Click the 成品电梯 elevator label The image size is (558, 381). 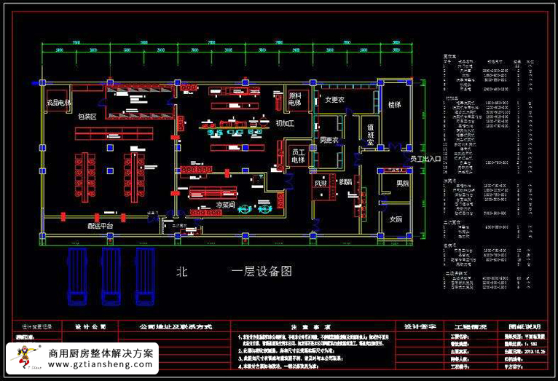[x=58, y=103]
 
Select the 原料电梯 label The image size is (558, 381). [x=295, y=99]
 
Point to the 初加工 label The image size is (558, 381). [x=284, y=123]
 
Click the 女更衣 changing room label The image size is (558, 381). [x=334, y=99]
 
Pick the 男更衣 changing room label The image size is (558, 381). [x=329, y=140]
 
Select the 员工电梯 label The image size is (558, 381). [x=298, y=155]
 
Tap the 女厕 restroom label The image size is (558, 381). [x=396, y=219]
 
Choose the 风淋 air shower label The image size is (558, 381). [x=321, y=184]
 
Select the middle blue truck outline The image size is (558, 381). [x=111, y=274]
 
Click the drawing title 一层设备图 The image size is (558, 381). [x=262, y=271]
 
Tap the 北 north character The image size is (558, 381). [x=182, y=271]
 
